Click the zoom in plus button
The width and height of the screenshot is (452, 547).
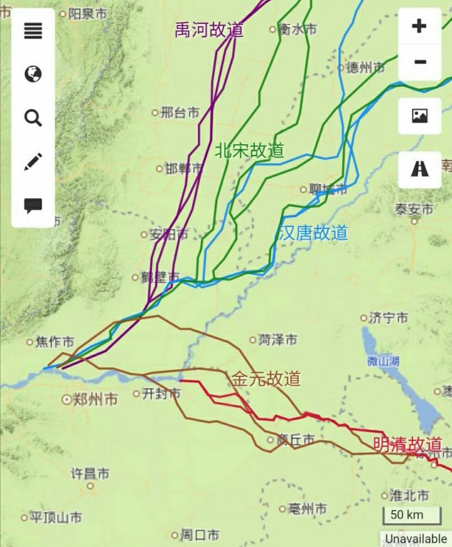point(419,26)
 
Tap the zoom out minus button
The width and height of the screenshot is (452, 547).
point(420,62)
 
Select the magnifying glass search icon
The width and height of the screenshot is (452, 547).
point(33,117)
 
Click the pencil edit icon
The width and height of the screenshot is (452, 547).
point(33,161)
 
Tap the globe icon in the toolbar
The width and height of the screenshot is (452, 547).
point(33,74)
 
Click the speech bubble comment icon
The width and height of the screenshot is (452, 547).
point(33,205)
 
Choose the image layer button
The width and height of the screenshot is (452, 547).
point(419,116)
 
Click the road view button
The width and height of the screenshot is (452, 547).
point(419,169)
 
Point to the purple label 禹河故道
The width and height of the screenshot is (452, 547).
point(209,30)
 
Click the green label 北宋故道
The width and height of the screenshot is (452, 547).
point(249,151)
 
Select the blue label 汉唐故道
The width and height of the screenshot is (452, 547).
point(312,233)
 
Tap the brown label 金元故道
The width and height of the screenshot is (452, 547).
point(266,379)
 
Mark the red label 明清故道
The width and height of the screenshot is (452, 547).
point(407,444)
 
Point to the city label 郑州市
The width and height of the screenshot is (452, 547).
point(95,399)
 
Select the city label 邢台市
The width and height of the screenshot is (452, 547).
point(180,113)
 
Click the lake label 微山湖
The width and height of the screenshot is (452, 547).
point(384,361)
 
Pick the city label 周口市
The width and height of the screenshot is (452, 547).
point(200,535)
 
